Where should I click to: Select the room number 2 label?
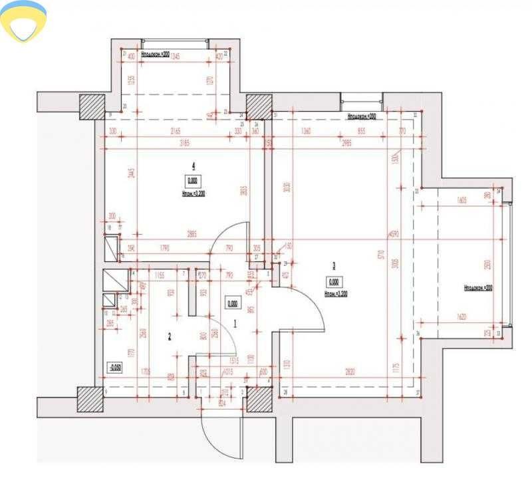pyautogui.click(x=170, y=337)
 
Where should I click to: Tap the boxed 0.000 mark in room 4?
pyautogui.click(x=193, y=180)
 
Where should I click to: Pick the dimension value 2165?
pyautogui.click(x=176, y=132)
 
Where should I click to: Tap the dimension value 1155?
pyautogui.click(x=159, y=275)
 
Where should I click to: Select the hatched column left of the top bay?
pyautogui.click(x=92, y=106)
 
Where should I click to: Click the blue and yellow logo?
pyautogui.click(x=24, y=20)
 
